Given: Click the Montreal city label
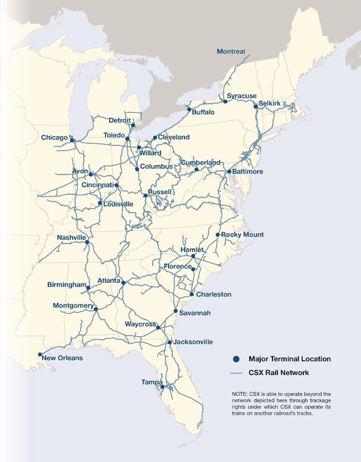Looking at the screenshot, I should click(x=231, y=51).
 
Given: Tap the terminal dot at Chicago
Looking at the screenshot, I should click(x=72, y=141).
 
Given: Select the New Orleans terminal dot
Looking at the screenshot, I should click(x=40, y=354).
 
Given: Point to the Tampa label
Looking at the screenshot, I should click(x=151, y=382).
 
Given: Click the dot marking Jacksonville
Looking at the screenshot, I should click(x=170, y=342).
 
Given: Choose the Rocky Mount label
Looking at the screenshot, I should click(x=242, y=234).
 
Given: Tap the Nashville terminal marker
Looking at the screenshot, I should click(x=87, y=242).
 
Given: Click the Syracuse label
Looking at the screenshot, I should click(x=242, y=96).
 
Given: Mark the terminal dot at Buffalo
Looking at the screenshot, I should click(x=189, y=110).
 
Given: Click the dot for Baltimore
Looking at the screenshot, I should click(x=229, y=171).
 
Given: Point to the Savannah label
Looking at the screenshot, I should click(x=195, y=313).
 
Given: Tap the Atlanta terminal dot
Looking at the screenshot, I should click(x=123, y=283).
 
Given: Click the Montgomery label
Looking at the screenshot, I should click(x=73, y=306).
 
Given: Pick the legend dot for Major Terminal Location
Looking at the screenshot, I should click(x=236, y=359).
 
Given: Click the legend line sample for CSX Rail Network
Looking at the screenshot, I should click(x=236, y=373).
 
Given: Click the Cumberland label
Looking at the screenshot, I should click(x=200, y=162).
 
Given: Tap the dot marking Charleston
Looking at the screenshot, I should click(x=191, y=294).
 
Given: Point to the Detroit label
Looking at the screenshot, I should click(x=119, y=120).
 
